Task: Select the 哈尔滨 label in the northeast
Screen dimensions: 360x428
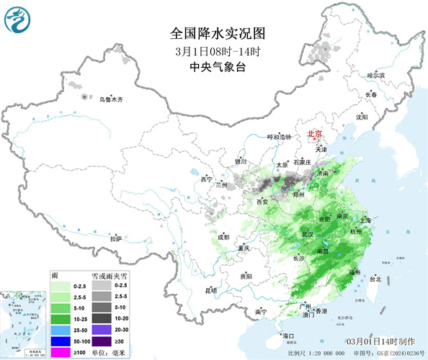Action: coord(375,74)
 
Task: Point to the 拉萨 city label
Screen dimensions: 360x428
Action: coord(115,238)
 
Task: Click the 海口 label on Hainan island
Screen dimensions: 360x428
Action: coord(289,336)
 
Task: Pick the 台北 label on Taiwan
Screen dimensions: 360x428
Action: coord(375,279)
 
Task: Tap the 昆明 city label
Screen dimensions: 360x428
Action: coord(210,290)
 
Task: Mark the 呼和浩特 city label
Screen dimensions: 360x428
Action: coord(280,137)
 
